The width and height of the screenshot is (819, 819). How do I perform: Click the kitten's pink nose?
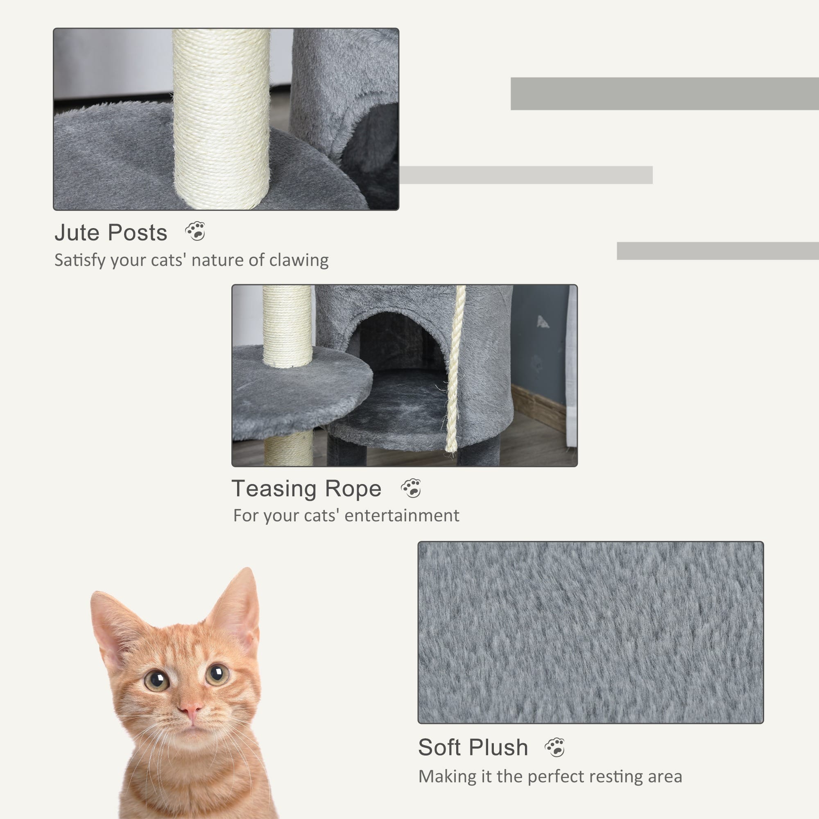pos(190,708)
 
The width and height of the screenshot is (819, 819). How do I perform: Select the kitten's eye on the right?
pos(217,674)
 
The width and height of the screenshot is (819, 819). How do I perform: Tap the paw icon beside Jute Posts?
pos(195,231)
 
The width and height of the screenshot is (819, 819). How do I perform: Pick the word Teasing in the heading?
pos(274,489)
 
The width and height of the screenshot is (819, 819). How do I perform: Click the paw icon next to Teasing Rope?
pos(411,489)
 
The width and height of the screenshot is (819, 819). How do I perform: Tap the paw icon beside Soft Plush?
pos(555,747)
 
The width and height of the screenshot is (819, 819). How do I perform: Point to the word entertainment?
pos(401,516)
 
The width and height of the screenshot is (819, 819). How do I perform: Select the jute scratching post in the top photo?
pos(221,119)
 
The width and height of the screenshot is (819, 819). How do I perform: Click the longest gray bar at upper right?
pos(664,94)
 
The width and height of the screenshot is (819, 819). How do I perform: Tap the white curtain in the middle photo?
pos(572,364)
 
